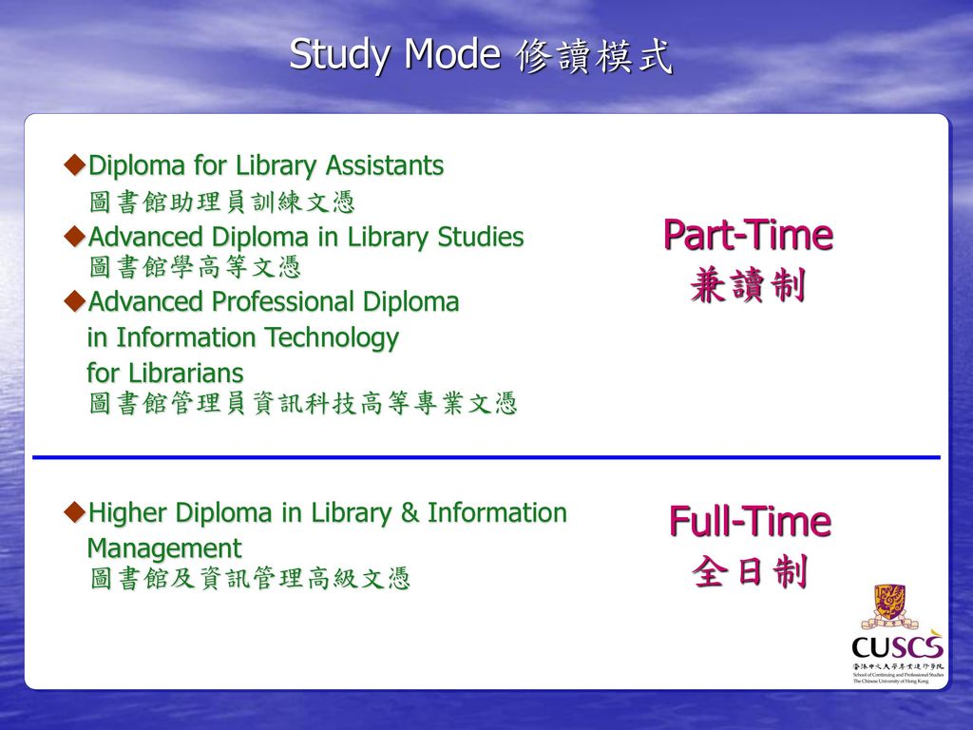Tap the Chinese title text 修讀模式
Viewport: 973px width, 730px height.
point(594,56)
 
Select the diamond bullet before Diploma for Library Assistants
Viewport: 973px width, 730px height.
point(74,165)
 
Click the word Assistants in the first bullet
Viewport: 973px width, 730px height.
point(385,165)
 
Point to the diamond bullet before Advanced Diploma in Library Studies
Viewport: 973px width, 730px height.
point(74,237)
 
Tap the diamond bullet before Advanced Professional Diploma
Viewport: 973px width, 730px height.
point(74,301)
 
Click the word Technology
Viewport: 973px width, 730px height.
point(332,338)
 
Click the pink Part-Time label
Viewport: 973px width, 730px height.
point(749,235)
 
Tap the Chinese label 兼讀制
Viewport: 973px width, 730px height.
point(749,285)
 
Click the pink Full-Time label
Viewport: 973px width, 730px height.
point(751,522)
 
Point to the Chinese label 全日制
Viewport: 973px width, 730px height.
point(751,571)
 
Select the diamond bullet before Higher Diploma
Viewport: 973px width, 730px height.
point(74,512)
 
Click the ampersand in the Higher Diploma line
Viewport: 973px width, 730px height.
point(410,512)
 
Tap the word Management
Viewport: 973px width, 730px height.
point(164,548)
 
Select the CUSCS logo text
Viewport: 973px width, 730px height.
point(897,646)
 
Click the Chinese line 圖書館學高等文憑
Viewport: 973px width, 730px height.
point(195,267)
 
